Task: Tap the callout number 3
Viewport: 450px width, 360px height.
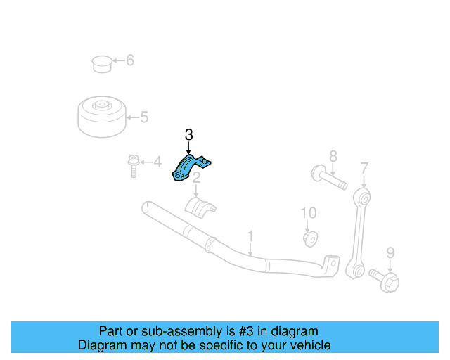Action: pos(188,134)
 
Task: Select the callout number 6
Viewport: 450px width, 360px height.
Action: pos(129,60)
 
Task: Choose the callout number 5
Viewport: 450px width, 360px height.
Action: pos(143,117)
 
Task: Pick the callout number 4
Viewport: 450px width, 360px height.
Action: pos(157,162)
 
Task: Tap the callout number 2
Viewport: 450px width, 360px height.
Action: pos(198,177)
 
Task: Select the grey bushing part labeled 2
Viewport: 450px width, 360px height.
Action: pos(200,207)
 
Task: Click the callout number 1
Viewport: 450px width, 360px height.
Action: pos(250,235)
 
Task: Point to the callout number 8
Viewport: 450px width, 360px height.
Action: pos(333,156)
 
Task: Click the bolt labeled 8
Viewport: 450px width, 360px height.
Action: pos(327,177)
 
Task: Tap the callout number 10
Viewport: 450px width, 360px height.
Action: pos(309,212)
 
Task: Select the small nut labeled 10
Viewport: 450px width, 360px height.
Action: pos(309,239)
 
